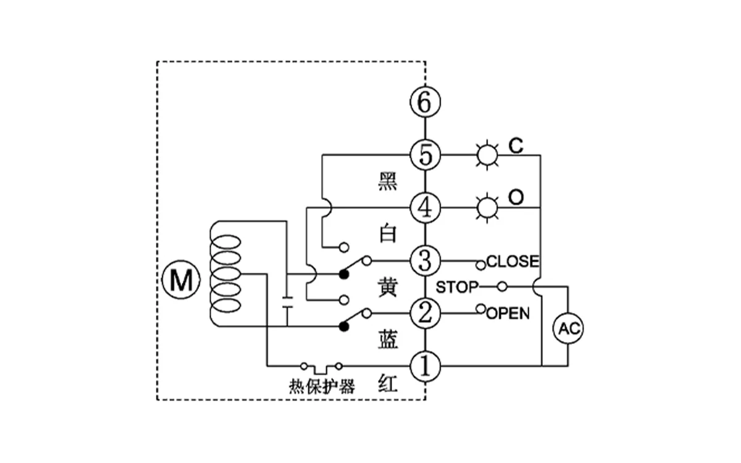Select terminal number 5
click(x=425, y=154)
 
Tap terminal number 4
click(x=425, y=207)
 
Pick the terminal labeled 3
click(x=425, y=261)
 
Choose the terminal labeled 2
click(x=425, y=314)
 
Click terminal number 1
click(x=425, y=366)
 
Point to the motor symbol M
click(x=181, y=282)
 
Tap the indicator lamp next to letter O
click(x=487, y=207)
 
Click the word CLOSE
click(x=512, y=261)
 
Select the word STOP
click(x=457, y=287)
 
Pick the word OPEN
click(x=508, y=314)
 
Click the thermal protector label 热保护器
click(x=322, y=387)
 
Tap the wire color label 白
click(x=388, y=234)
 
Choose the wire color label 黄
click(x=388, y=287)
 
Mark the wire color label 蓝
click(x=388, y=340)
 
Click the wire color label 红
click(x=388, y=385)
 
